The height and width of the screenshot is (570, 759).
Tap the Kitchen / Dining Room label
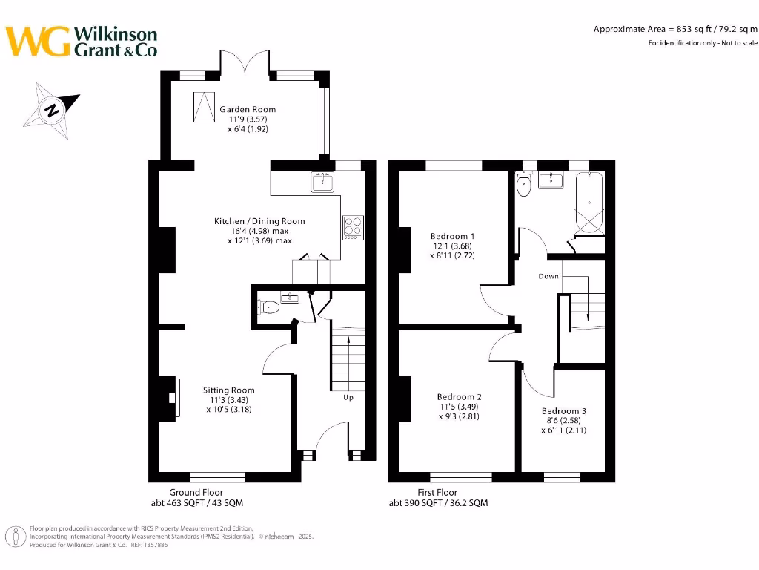pos(259,221)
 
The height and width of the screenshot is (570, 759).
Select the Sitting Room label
pos(229,390)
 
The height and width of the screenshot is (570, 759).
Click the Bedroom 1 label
pos(452,237)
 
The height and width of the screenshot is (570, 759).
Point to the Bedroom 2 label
pos(460,397)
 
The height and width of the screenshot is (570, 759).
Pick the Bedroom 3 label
pos(563,411)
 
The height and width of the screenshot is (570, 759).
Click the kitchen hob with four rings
pos(353,226)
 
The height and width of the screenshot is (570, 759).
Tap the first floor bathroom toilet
pos(525,186)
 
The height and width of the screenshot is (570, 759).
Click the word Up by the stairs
pos(348,398)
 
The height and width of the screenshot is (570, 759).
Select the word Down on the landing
pos(548,276)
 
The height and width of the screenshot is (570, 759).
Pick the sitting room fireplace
pos(172,399)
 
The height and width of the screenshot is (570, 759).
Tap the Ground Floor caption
pos(196,493)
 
